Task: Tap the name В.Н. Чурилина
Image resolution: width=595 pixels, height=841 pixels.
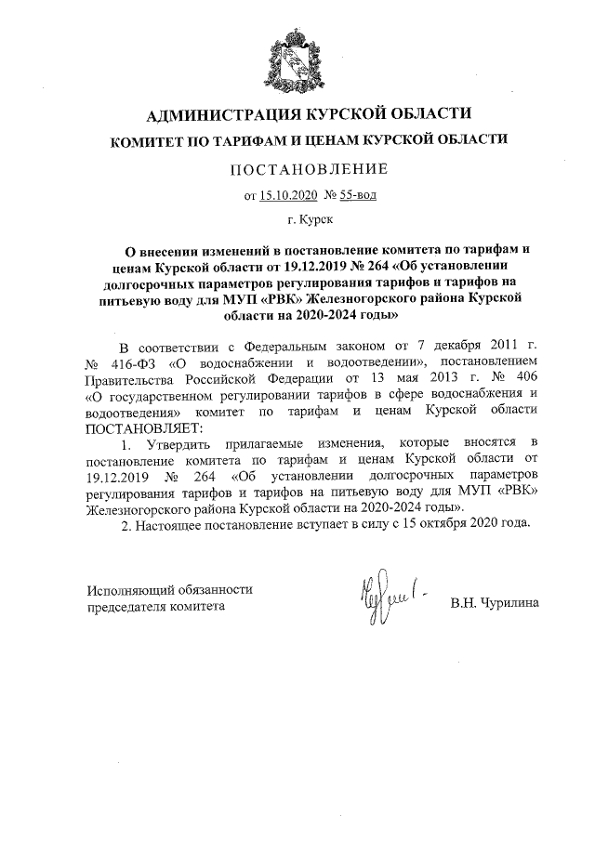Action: pyautogui.click(x=494, y=603)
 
